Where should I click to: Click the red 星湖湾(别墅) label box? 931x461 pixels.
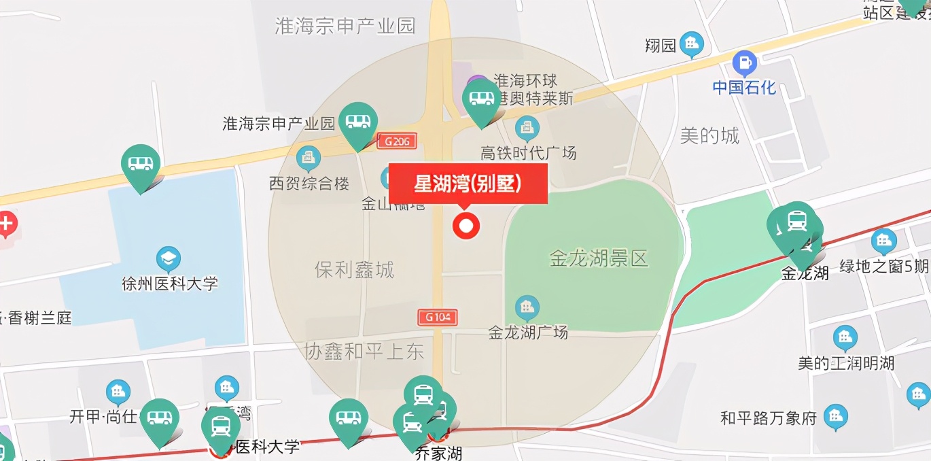[468, 184]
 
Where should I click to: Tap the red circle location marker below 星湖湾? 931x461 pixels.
[466, 226]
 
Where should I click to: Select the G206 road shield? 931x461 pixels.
[397, 141]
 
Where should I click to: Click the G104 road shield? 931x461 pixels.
[437, 317]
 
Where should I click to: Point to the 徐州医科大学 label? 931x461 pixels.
[169, 283]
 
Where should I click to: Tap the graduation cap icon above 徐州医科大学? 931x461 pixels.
[168, 259]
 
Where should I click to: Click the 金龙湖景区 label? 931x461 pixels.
[599, 258]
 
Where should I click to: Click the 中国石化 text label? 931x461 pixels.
[744, 88]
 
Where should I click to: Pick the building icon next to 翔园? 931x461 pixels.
[692, 45]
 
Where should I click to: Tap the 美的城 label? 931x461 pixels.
[709, 136]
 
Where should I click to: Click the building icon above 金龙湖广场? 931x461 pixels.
[527, 308]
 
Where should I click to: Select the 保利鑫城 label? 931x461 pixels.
[354, 270]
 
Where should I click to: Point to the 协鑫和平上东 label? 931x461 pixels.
[364, 351]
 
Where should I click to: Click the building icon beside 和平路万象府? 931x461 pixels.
[835, 417]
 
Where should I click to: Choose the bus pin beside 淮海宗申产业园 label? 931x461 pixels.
[358, 122]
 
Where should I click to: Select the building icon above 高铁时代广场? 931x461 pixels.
[527, 128]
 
